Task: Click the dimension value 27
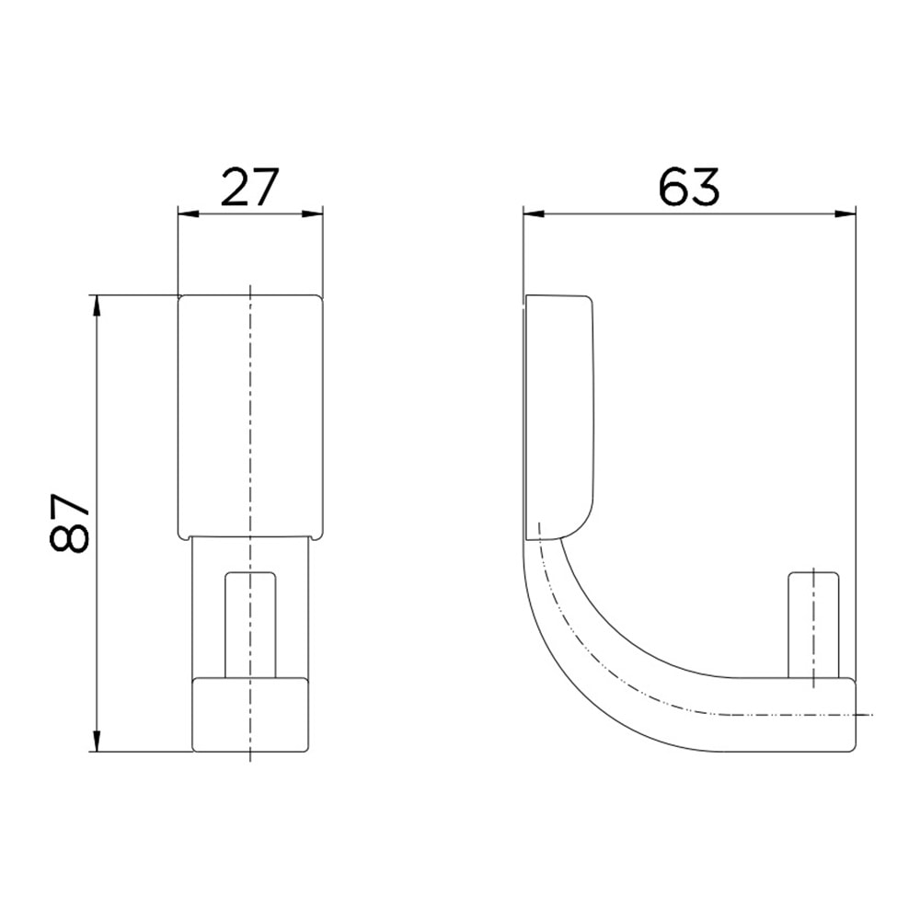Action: (248, 189)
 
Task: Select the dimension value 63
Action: (688, 189)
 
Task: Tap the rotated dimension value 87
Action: (71, 523)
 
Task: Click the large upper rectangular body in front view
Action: (250, 414)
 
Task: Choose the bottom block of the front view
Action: (250, 714)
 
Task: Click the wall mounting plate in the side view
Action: (558, 414)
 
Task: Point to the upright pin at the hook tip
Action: (813, 626)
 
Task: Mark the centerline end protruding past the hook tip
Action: (865, 714)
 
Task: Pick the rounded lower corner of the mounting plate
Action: (580, 524)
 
